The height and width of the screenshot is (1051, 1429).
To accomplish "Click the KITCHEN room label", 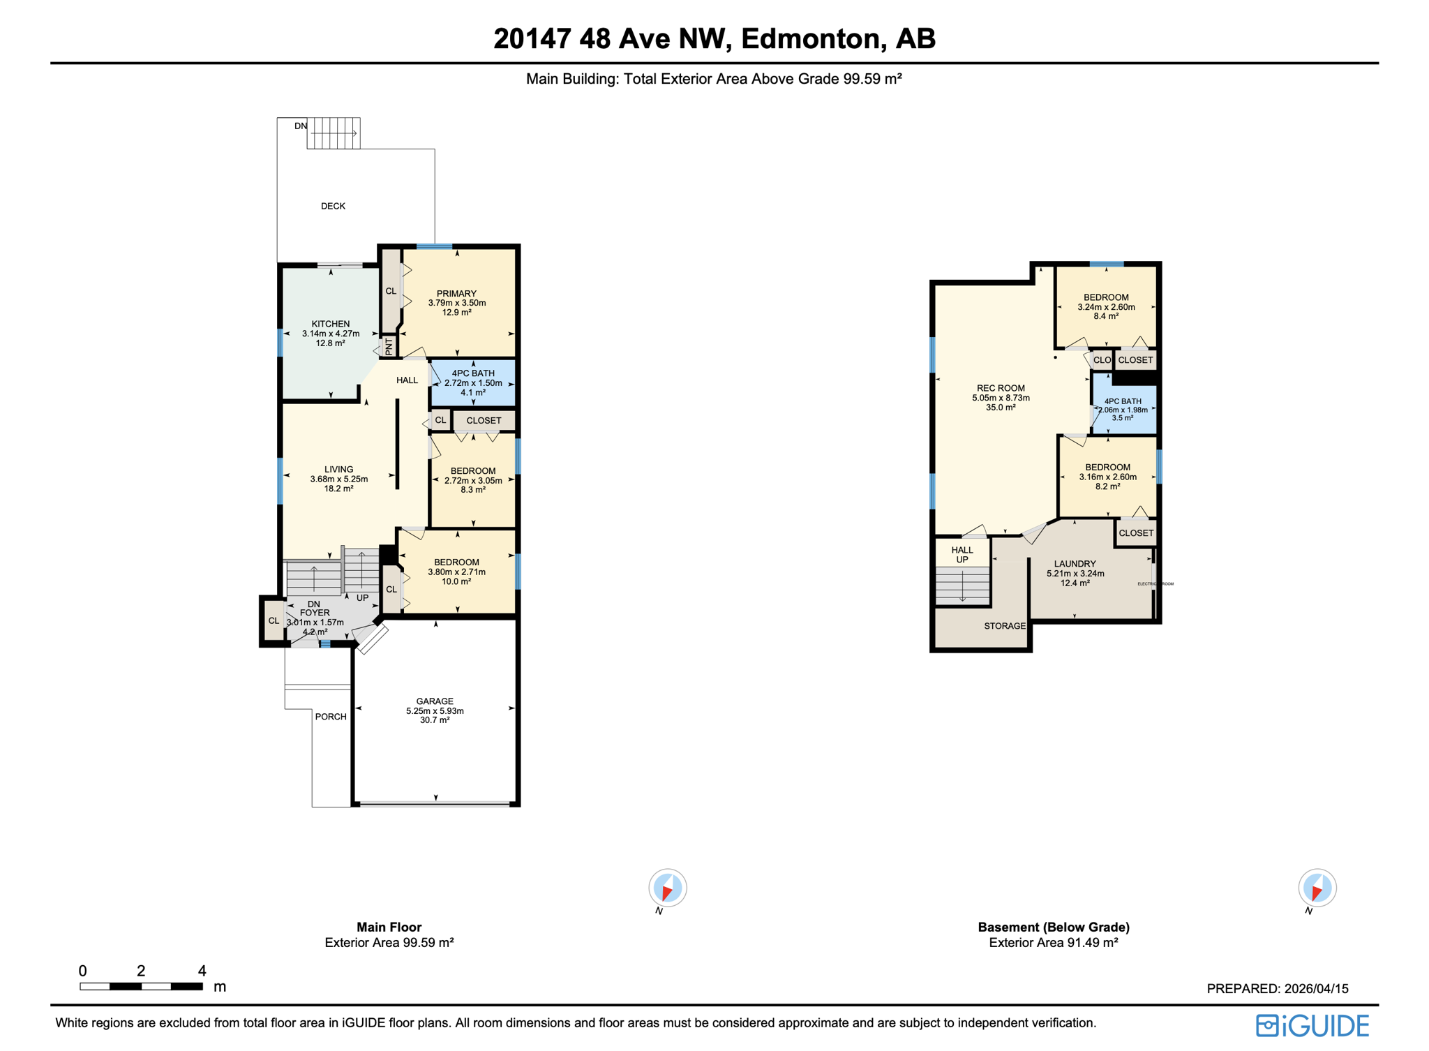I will click(x=331, y=325).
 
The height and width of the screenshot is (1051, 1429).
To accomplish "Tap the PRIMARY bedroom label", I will click(x=456, y=294).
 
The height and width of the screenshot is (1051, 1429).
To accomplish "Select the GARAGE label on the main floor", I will click(x=435, y=701).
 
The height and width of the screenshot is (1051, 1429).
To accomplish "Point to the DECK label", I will click(x=333, y=206).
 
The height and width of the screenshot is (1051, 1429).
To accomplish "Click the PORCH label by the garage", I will click(x=331, y=717).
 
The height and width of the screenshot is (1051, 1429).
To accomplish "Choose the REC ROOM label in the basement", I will click(x=1001, y=389).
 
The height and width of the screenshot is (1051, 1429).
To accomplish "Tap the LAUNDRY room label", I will click(x=1075, y=564).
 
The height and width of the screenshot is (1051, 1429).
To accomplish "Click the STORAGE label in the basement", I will click(x=1005, y=626).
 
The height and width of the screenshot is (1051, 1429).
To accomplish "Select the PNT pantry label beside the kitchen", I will click(x=389, y=345).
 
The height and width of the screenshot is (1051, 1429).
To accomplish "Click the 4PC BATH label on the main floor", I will click(x=473, y=374).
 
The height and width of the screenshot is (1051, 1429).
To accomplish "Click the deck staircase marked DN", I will click(x=334, y=133).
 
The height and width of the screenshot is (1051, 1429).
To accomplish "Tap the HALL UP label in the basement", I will click(x=962, y=555).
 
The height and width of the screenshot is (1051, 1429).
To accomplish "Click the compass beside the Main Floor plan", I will click(x=668, y=888).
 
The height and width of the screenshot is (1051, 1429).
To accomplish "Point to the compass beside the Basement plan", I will click(x=1317, y=888).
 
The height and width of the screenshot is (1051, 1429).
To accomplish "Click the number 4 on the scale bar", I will click(x=202, y=971).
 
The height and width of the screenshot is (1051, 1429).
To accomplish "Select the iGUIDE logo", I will click(x=1312, y=1025).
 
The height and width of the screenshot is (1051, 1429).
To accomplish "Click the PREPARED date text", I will click(x=1277, y=989).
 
